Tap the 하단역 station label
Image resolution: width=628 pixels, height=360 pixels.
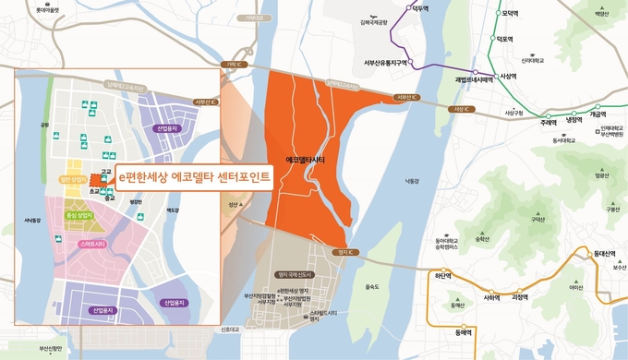tap(445, 275)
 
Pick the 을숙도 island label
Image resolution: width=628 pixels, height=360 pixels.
tap(372, 286)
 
